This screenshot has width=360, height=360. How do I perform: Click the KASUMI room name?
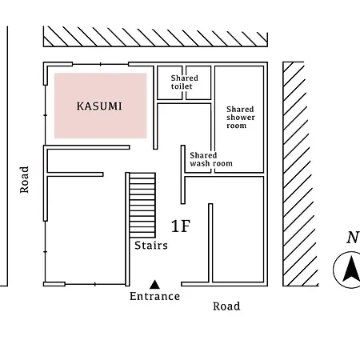99,106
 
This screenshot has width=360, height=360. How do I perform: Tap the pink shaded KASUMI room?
101,106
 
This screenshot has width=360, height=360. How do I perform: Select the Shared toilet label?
184,82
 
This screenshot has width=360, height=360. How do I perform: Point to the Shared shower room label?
241,118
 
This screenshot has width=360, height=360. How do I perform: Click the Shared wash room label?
211,159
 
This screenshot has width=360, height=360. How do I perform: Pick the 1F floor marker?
181,226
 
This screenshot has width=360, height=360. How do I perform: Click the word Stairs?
151,246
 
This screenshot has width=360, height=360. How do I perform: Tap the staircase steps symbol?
142,205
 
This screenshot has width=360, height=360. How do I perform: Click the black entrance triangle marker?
154,285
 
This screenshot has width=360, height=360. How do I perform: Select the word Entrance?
154,296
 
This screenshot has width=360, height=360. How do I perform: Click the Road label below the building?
226,306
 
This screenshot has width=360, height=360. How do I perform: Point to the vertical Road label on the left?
24,180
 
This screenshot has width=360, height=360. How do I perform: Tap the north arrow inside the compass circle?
351,269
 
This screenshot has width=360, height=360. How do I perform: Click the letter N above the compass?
353,238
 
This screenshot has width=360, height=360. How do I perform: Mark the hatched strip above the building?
155,36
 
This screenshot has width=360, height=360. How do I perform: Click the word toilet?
182,86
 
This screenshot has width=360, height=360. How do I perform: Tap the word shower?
241,118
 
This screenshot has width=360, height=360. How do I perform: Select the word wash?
199,163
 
